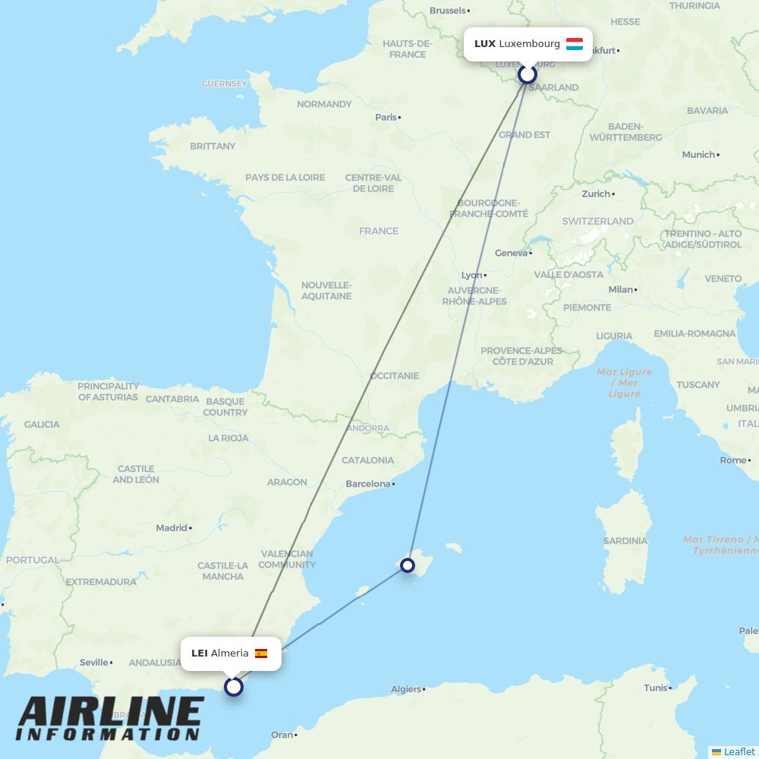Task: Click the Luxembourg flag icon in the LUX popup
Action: click(x=575, y=44)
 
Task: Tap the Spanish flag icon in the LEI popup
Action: click(x=261, y=653)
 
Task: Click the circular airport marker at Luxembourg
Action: click(x=528, y=74)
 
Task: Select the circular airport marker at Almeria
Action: click(x=234, y=687)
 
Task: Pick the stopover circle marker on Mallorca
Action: click(x=408, y=565)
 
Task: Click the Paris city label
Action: click(x=386, y=117)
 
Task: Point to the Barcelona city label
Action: click(x=368, y=483)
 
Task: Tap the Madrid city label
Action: click(x=172, y=528)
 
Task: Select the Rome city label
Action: click(x=732, y=460)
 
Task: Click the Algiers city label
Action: click(x=406, y=689)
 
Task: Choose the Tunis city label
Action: click(x=655, y=688)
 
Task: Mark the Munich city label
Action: click(x=698, y=154)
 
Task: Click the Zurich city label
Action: click(x=597, y=194)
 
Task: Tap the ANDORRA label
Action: click(x=367, y=428)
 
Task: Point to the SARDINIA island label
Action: click(x=626, y=541)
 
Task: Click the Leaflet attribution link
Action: click(x=739, y=751)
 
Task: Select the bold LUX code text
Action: click(x=485, y=44)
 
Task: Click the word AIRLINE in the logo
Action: click(x=110, y=713)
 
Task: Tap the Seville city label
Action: click(x=94, y=662)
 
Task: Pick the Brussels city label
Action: click(x=448, y=11)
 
